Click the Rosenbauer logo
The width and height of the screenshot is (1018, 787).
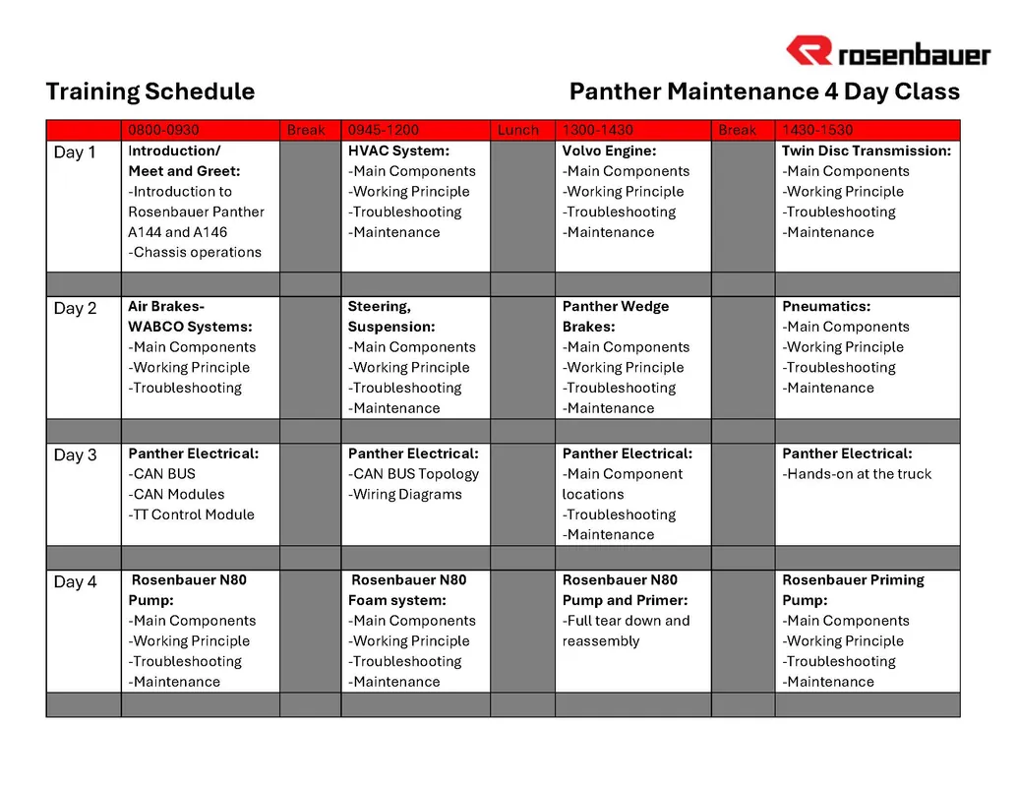pyautogui.click(x=887, y=50)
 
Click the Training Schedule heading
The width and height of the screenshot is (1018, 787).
pyautogui.click(x=150, y=92)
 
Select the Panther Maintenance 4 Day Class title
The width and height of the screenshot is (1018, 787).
pyautogui.click(x=764, y=92)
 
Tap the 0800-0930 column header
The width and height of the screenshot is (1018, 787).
pyautogui.click(x=163, y=130)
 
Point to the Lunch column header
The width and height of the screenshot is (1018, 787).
pyautogui.click(x=518, y=130)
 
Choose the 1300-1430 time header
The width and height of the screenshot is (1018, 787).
pyautogui.click(x=598, y=130)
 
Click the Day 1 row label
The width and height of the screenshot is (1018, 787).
pyautogui.click(x=75, y=152)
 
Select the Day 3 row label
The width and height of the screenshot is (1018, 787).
pyautogui.click(x=75, y=455)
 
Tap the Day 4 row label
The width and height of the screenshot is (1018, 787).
pyautogui.click(x=75, y=581)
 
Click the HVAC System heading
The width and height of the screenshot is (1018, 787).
pyautogui.click(x=398, y=151)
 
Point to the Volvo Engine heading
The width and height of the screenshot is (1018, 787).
pyautogui.click(x=609, y=151)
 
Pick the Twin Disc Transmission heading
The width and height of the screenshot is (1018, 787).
pyautogui.click(x=867, y=151)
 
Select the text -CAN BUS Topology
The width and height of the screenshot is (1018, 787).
pyautogui.click(x=413, y=474)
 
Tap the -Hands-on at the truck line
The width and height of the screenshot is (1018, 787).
pyautogui.click(x=856, y=474)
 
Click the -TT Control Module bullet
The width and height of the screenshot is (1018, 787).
pyautogui.click(x=191, y=515)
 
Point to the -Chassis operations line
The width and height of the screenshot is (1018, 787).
pyautogui.click(x=195, y=253)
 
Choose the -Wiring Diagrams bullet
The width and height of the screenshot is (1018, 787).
pyautogui.click(x=404, y=495)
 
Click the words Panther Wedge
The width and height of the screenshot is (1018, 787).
pyautogui.click(x=615, y=307)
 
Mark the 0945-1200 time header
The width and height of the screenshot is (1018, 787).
pyautogui.click(x=383, y=130)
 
